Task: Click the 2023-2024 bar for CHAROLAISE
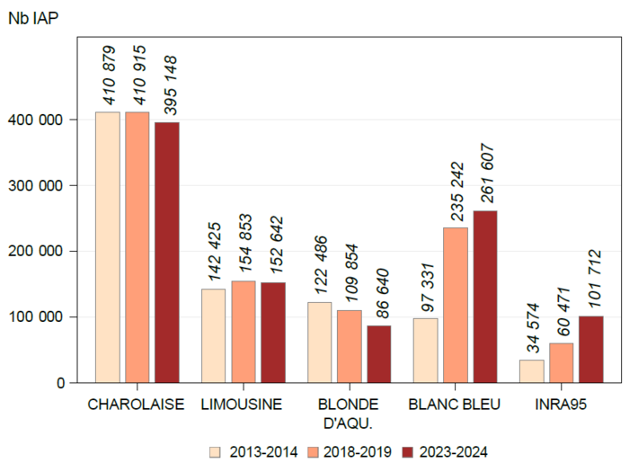pyautogui.click(x=167, y=253)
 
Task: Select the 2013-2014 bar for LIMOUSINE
pyautogui.click(x=213, y=335)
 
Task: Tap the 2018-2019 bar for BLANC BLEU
pyautogui.click(x=455, y=305)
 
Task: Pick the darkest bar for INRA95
pyautogui.click(x=590, y=349)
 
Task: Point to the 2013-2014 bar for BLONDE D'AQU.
pyautogui.click(x=319, y=342)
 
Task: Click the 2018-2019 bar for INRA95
pyautogui.click(x=561, y=362)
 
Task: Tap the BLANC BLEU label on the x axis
pyautogui.click(x=454, y=405)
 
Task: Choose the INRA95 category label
pyautogui.click(x=561, y=405)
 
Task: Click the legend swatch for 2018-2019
pyautogui.click(x=314, y=451)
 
